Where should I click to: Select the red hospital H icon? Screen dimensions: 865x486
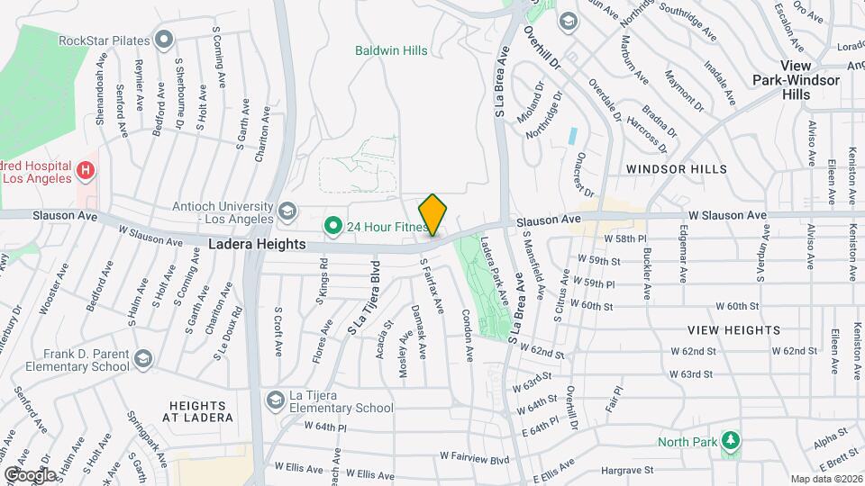86,169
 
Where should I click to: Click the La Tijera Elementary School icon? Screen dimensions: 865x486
275,399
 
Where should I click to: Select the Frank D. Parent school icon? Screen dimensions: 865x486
142,360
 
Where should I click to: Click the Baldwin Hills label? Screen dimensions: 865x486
391,50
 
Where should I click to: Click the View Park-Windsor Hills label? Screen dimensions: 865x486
797,80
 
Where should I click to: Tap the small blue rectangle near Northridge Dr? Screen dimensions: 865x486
573,137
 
